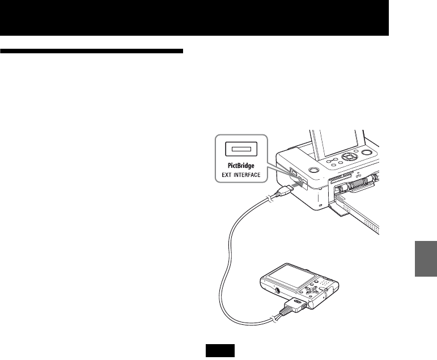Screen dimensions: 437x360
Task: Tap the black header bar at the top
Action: pos(196,17)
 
